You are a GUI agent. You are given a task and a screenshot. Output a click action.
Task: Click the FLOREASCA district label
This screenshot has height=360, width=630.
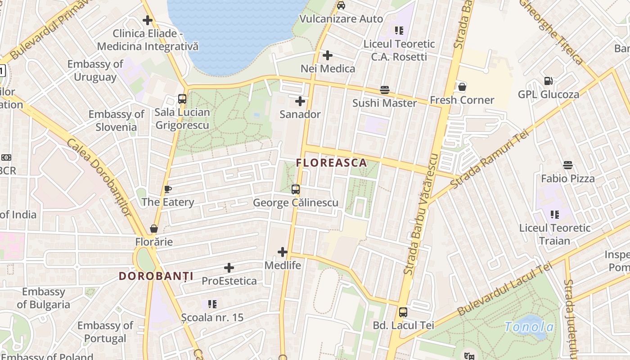coord(332,163)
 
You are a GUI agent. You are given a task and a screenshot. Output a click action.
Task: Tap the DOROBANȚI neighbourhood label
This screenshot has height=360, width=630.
coord(156,276)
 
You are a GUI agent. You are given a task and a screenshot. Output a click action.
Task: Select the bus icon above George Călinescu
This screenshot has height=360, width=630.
coord(296,189)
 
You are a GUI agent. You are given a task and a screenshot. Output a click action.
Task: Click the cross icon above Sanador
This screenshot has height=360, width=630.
coord(300,101)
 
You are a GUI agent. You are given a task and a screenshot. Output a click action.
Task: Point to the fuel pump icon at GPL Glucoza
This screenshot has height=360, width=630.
coord(548,81)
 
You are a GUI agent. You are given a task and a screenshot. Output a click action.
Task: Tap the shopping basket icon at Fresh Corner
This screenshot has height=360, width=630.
coord(462,87)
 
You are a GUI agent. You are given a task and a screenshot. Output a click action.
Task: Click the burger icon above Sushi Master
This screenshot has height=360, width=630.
coord(384,90)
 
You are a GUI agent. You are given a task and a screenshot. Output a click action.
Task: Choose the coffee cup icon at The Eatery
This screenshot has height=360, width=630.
coord(167,189)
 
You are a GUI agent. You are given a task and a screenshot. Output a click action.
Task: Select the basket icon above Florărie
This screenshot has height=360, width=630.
coord(154,229)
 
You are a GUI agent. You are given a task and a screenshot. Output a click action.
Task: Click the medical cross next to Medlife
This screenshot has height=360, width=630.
coord(283,252)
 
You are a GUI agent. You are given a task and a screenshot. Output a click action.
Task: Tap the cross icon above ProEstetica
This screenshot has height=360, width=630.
coord(229,268)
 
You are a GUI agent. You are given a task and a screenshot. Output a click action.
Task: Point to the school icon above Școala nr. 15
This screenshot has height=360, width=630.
coord(212,304)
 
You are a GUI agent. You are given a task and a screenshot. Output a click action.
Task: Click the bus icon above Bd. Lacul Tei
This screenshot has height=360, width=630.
coord(403,312)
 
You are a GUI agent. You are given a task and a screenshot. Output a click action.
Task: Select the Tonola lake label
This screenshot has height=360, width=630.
coord(529,327)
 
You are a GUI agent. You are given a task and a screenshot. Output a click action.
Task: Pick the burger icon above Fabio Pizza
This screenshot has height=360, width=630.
coord(568,165)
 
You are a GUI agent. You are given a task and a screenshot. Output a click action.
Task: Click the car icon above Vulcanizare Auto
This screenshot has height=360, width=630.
coord(341,5)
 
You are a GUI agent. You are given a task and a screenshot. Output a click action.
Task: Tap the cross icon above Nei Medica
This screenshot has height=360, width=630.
coord(328,55)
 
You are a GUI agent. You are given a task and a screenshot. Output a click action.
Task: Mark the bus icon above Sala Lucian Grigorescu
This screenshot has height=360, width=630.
coord(182,99)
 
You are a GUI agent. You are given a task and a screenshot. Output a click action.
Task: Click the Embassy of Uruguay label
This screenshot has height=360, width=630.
coord(95,71)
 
